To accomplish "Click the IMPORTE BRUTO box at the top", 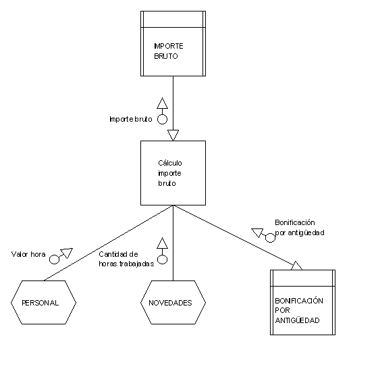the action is click(x=173, y=43).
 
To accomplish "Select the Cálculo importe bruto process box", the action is click(x=173, y=173).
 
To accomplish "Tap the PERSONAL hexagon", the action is click(x=43, y=302).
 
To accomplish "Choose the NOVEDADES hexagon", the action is click(x=173, y=302).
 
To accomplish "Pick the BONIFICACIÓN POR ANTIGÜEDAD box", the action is click(x=302, y=302).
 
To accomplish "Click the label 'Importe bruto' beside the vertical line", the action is click(x=131, y=119).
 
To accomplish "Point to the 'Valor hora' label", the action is click(x=28, y=254).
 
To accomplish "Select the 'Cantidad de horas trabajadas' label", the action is click(x=126, y=259).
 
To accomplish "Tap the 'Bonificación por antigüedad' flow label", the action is click(x=300, y=228).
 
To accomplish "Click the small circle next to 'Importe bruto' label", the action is click(x=162, y=119).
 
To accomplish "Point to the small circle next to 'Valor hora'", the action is click(x=54, y=260).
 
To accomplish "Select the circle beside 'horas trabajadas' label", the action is click(x=162, y=260).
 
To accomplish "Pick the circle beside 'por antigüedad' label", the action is click(x=270, y=238).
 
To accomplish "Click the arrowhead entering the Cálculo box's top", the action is click(x=173, y=135).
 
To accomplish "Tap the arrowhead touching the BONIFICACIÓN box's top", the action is click(x=297, y=266).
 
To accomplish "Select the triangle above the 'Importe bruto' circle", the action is click(x=162, y=104).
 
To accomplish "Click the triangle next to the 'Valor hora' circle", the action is click(x=67, y=253).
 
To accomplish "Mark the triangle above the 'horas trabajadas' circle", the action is click(x=162, y=244).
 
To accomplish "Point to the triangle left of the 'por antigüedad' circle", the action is click(x=257, y=233).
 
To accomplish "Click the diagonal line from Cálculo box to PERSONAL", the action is click(x=109, y=243).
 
